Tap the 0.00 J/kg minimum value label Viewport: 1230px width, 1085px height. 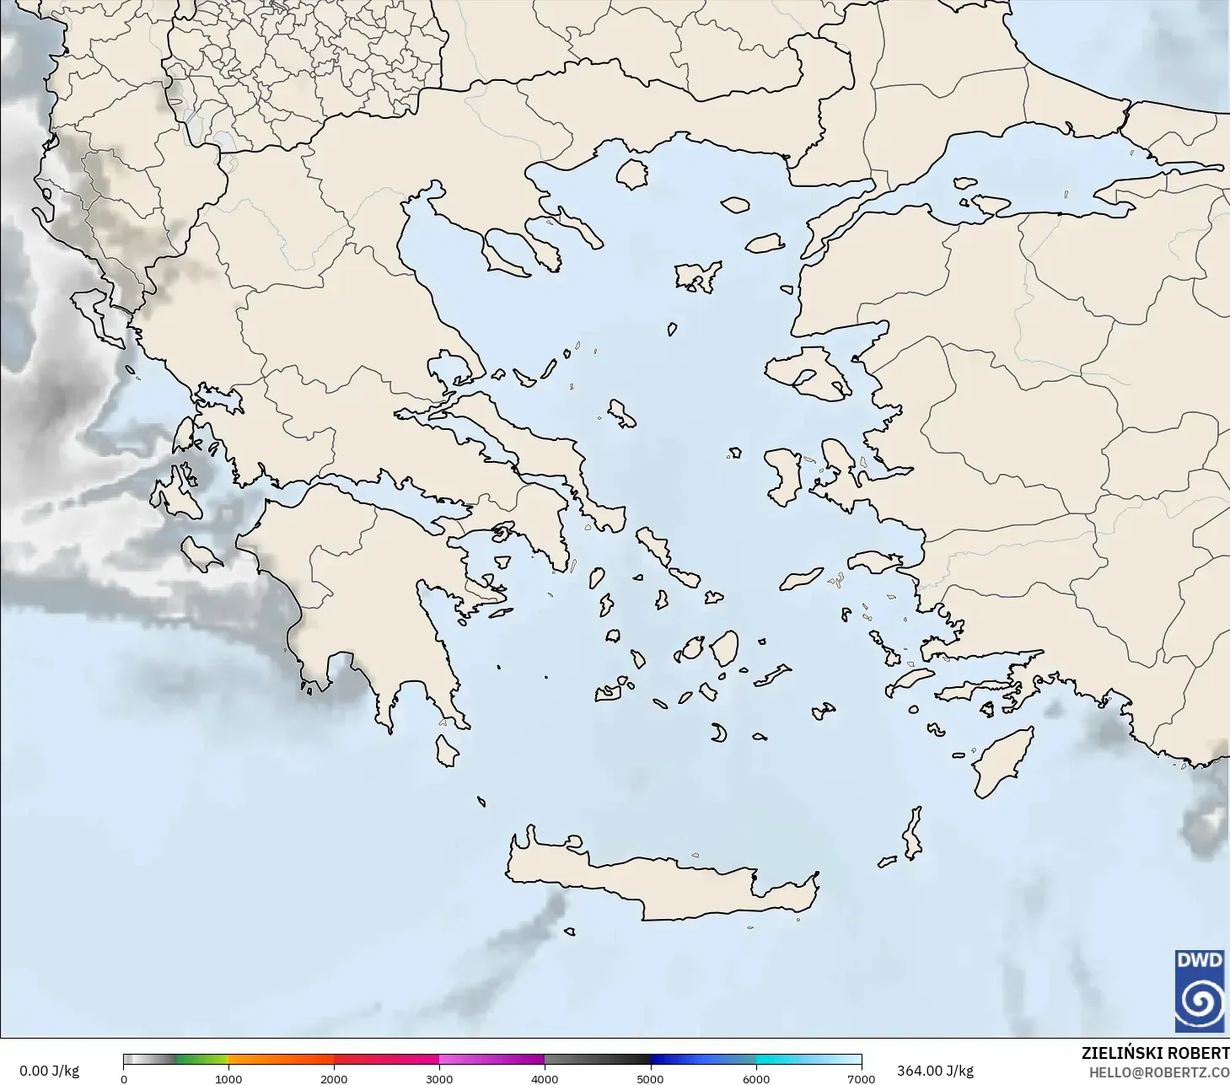pyautogui.click(x=49, y=1071)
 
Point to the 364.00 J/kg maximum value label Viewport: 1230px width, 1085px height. pyautogui.click(x=935, y=1071)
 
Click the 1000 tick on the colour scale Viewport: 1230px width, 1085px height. pyautogui.click(x=228, y=1078)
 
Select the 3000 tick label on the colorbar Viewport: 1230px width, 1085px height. pyautogui.click(x=439, y=1078)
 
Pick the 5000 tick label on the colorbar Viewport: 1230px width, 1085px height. pyautogui.click(x=650, y=1078)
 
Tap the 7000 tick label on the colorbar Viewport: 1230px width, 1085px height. pyautogui.click(x=861, y=1078)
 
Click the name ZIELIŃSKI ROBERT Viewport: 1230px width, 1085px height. pyautogui.click(x=1155, y=1053)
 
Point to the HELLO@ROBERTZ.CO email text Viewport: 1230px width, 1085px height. pyautogui.click(x=1158, y=1072)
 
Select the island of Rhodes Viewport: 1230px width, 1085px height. pyautogui.click(x=1003, y=762)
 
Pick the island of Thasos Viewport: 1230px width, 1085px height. pyautogui.click(x=631, y=174)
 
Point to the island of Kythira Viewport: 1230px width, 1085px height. pyautogui.click(x=446, y=750)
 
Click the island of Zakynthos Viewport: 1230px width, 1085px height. pyautogui.click(x=201, y=554)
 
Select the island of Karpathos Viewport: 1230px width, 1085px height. pyautogui.click(x=913, y=833)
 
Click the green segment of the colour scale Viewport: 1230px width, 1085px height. pyautogui.click(x=202, y=1060)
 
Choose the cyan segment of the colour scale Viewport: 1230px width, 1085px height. pyautogui.click(x=788, y=1060)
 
